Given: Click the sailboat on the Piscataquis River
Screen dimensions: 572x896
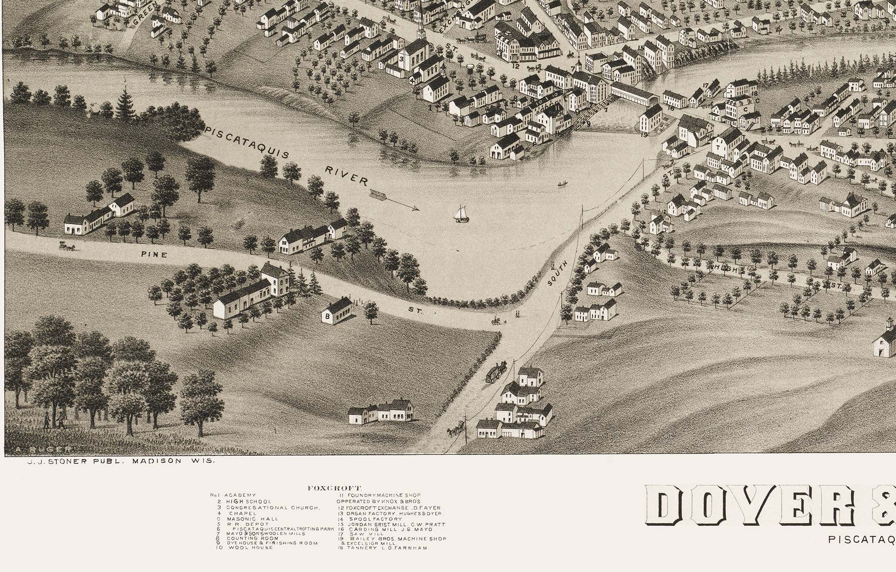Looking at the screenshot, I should [461, 214].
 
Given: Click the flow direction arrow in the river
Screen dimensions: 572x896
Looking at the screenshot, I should [394, 200].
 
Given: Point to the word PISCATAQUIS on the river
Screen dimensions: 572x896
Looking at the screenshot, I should [247, 142].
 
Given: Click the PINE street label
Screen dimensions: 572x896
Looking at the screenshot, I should [154, 255].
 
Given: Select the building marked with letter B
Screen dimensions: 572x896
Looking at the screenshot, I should [336, 311].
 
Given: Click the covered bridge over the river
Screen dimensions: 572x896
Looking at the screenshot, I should [633, 94].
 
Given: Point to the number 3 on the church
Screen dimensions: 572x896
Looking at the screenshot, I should [401, 59].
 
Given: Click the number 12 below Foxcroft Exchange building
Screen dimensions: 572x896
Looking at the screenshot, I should [515, 66].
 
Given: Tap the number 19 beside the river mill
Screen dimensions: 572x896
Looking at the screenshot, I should [644, 135].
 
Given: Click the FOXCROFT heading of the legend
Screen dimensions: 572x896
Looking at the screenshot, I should [334, 488].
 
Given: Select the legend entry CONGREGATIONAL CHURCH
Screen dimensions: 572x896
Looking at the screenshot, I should [273, 508].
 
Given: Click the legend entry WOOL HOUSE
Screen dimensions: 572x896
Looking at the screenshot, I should [250, 547].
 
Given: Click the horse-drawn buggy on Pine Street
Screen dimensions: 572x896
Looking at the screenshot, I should [67, 246].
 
